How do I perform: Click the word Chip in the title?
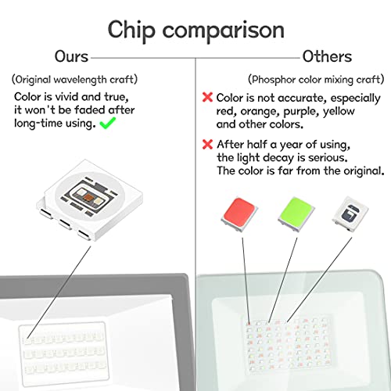[131, 30]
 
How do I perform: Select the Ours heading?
[71, 56]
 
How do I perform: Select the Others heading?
[327, 56]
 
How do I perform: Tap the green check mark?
[108, 123]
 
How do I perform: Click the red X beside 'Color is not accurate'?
[207, 97]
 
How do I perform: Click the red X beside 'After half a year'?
[207, 144]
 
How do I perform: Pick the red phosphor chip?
[239, 214]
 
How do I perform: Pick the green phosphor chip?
[296, 214]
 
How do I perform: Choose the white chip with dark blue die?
[350, 213]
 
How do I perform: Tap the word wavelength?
[80, 80]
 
